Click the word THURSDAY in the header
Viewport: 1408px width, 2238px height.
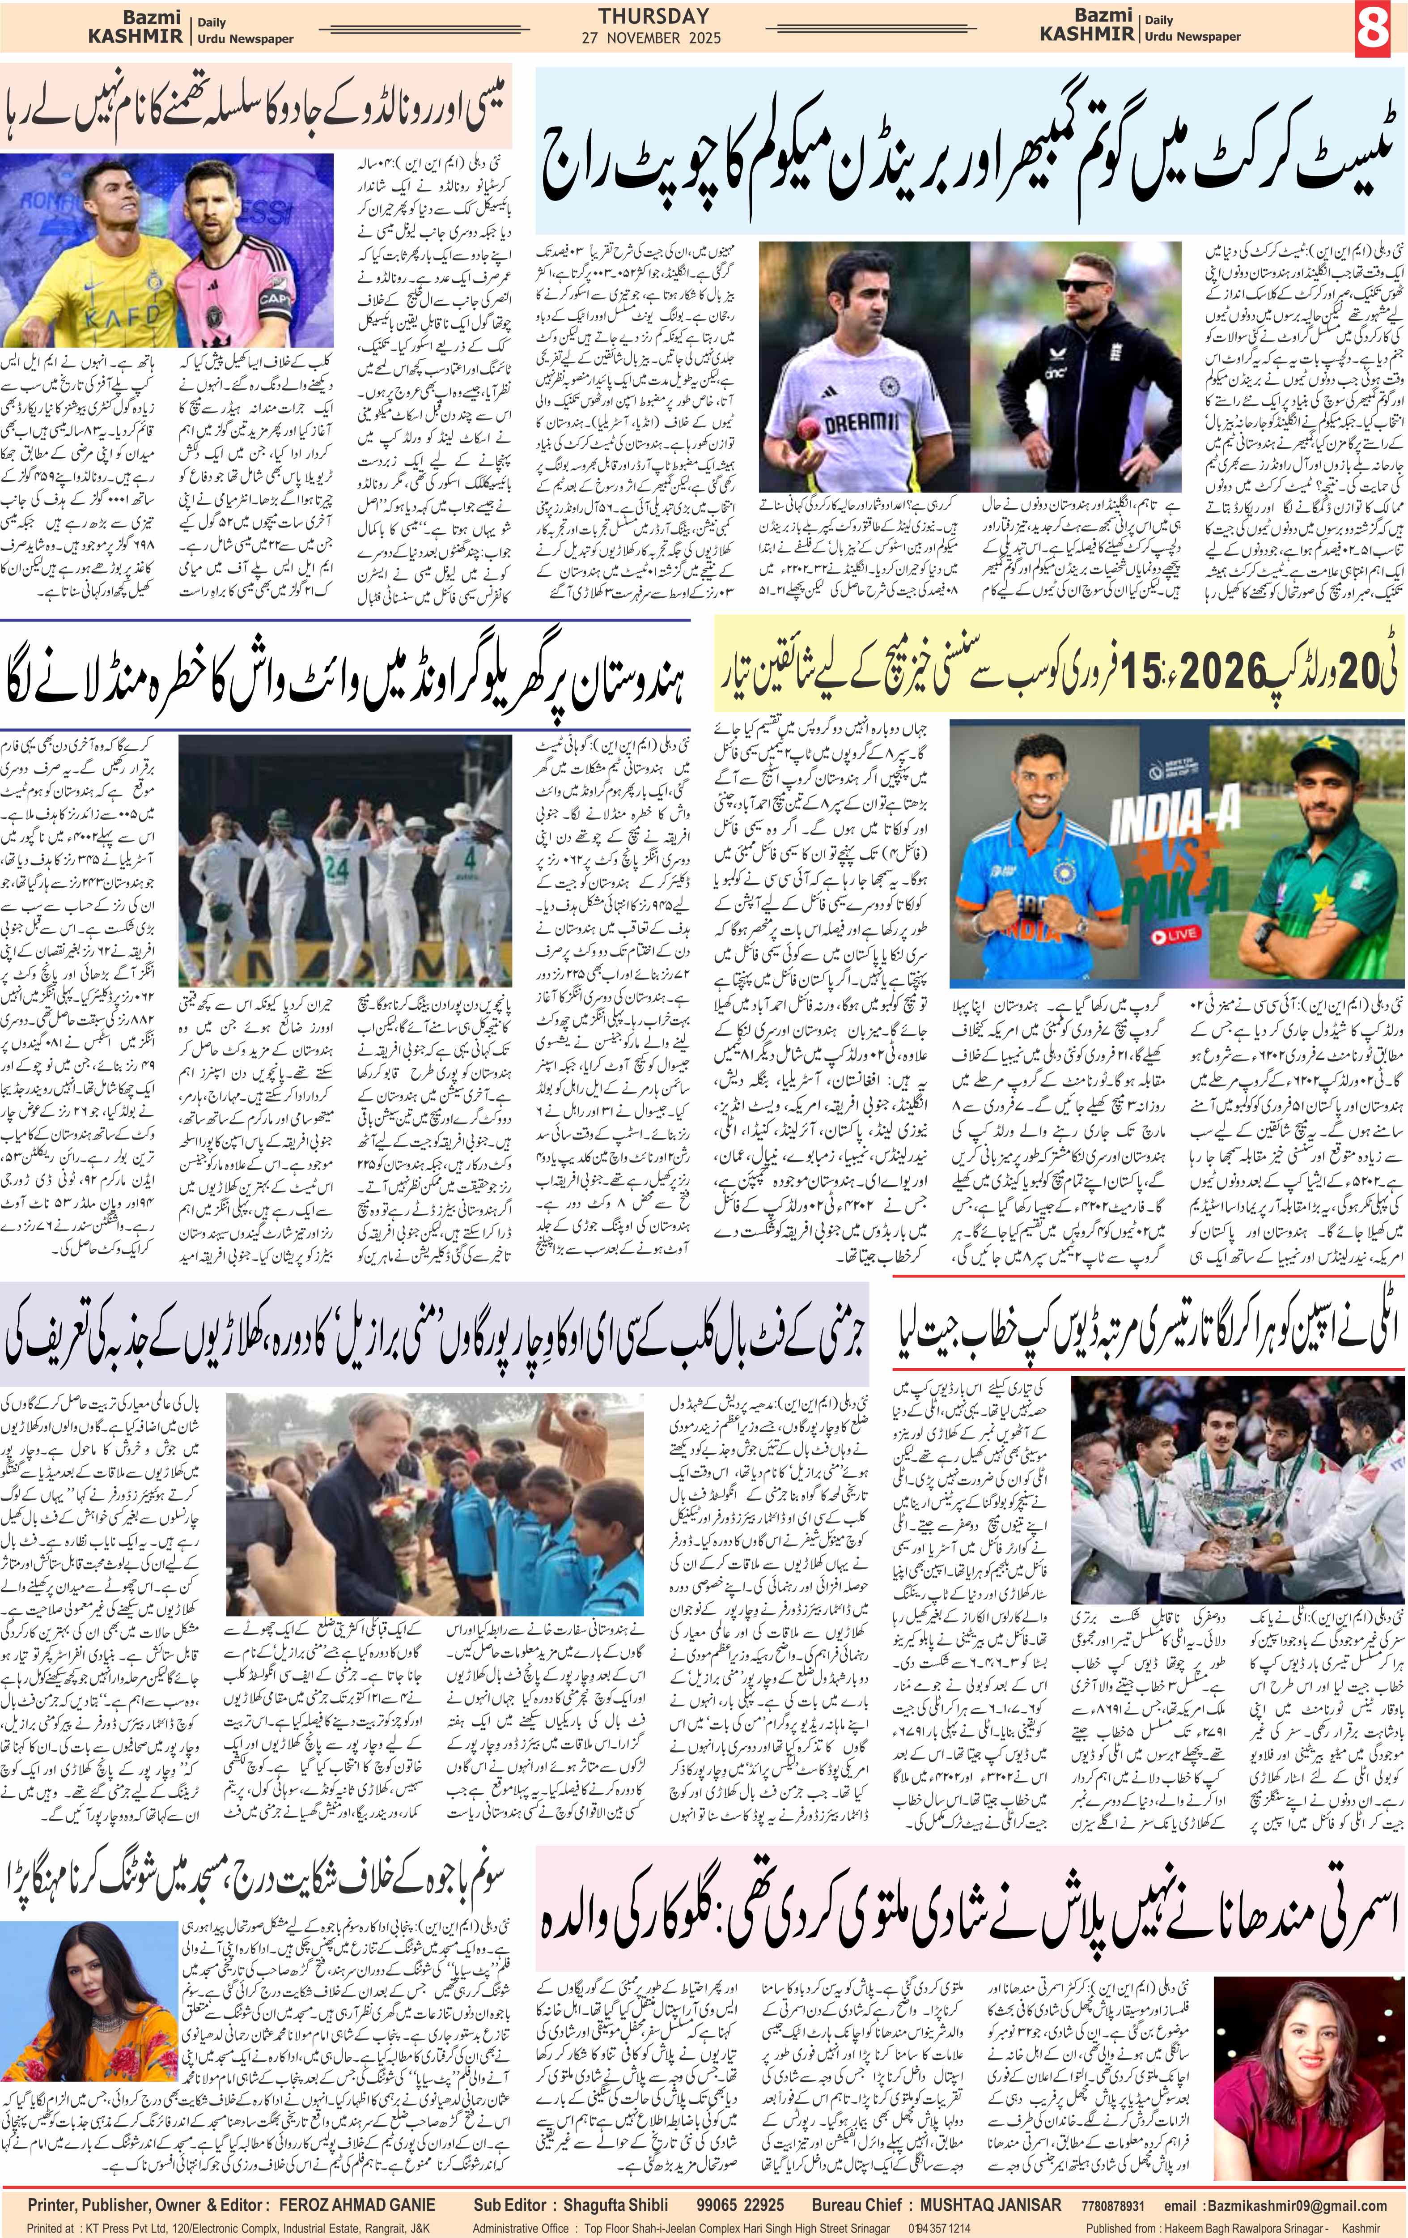click(653, 16)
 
